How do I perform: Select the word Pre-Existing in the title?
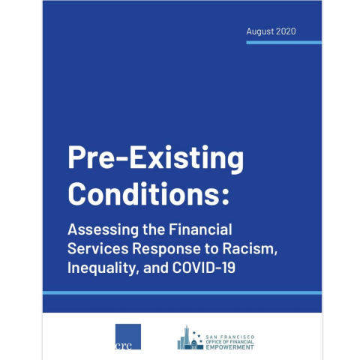(155, 158)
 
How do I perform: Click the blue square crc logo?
(127, 336)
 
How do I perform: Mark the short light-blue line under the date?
(285, 42)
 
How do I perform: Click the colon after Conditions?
(225, 194)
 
